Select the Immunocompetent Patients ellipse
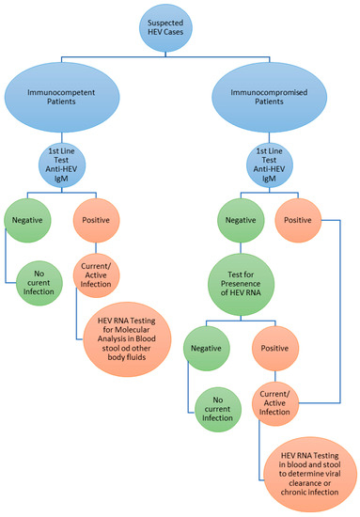point(86,99)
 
